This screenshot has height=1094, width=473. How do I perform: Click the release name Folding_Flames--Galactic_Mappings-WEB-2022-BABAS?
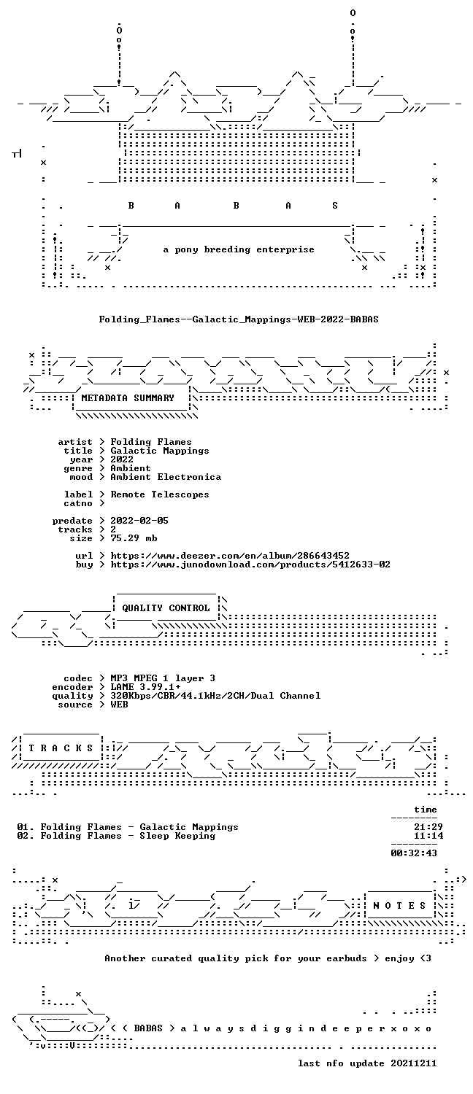tap(239, 319)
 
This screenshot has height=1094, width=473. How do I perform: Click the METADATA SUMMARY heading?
tap(128, 398)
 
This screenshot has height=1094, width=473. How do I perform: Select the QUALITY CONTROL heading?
tap(166, 608)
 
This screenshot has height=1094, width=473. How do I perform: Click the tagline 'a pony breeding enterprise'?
tap(239, 249)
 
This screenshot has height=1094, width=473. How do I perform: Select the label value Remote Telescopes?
tap(160, 494)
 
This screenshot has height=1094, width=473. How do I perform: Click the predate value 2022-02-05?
tap(139, 521)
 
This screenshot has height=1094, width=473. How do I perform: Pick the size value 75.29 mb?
tap(134, 538)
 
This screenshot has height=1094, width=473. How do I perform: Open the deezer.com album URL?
tap(230, 556)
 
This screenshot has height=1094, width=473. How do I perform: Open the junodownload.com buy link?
tap(250, 565)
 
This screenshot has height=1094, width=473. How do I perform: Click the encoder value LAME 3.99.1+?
tap(145, 687)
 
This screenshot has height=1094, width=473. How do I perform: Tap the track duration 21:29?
tap(428, 827)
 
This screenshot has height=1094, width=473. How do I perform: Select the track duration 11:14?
tap(428, 836)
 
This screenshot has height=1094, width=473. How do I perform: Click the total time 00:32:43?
tap(414, 853)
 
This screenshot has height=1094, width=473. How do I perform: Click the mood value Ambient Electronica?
tap(166, 477)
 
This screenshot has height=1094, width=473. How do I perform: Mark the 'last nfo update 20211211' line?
tap(367, 1063)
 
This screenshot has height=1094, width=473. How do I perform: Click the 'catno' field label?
tap(77, 503)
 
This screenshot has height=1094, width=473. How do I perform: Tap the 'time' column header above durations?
tap(425, 810)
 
